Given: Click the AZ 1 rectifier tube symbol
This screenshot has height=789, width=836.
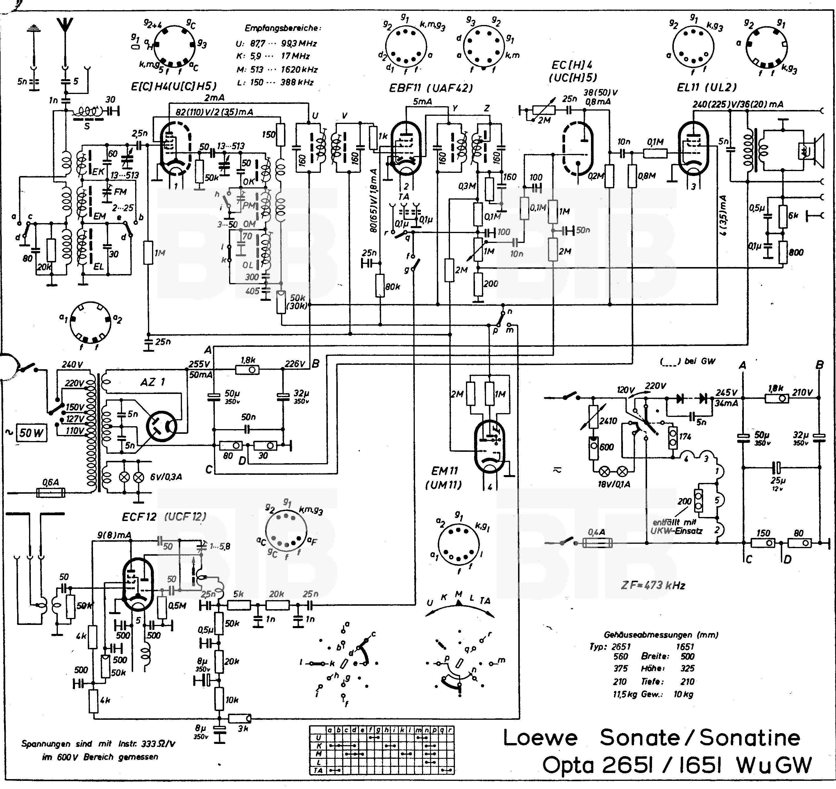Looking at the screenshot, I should (x=162, y=426).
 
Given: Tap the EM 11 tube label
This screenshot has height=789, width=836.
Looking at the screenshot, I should (x=444, y=471).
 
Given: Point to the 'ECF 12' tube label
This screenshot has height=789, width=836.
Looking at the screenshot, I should (x=140, y=517).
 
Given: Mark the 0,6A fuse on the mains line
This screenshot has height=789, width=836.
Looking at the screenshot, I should (x=51, y=492).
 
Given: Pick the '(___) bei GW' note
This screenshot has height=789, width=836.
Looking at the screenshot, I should (x=687, y=361).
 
